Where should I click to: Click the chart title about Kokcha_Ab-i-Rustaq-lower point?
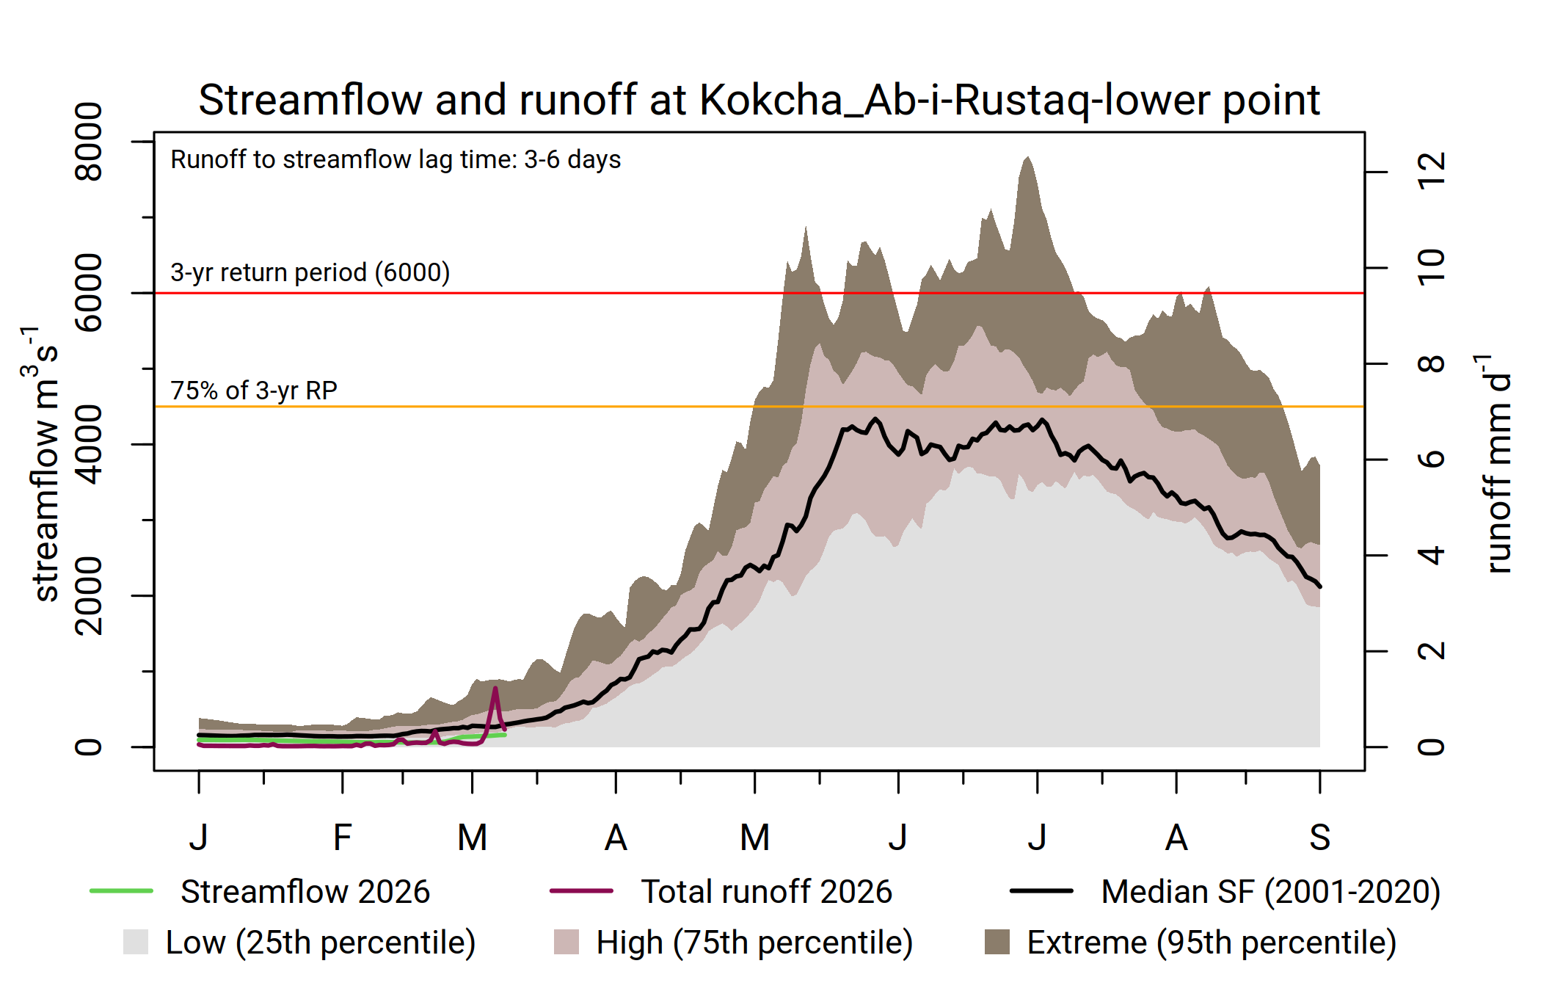click(759, 100)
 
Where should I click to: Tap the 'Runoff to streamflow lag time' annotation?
click(396, 159)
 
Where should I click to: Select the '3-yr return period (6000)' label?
click(310, 272)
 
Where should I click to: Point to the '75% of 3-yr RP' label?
click(254, 390)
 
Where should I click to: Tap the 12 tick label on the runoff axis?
click(1432, 172)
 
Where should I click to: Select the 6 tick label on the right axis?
click(1432, 460)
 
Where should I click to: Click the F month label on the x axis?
click(342, 838)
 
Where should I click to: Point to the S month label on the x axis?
click(1319, 838)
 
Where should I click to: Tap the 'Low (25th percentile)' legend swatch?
click(136, 942)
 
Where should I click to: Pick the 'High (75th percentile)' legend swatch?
click(566, 942)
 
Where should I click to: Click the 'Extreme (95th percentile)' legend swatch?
click(997, 942)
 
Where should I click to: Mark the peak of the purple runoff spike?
click(495, 688)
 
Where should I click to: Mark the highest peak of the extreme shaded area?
click(1027, 156)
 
